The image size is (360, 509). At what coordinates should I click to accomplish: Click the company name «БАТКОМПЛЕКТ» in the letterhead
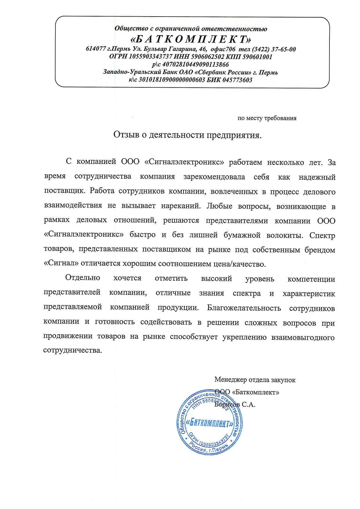(x=190, y=39)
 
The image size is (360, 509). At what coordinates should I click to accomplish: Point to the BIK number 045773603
(x=237, y=80)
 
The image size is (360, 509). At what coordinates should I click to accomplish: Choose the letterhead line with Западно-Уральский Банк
(x=190, y=72)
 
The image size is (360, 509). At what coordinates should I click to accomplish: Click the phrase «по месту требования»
(x=267, y=118)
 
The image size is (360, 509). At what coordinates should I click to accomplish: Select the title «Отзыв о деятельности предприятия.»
(x=187, y=135)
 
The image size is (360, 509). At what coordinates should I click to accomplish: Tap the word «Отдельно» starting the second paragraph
(x=83, y=278)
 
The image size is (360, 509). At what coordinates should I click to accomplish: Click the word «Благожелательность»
(x=244, y=308)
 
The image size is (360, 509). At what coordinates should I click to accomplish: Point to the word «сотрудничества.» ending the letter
(x=73, y=350)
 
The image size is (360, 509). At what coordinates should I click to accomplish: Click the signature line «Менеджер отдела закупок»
(x=255, y=380)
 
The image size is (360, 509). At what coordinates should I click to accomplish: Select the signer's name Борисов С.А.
(x=235, y=405)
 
